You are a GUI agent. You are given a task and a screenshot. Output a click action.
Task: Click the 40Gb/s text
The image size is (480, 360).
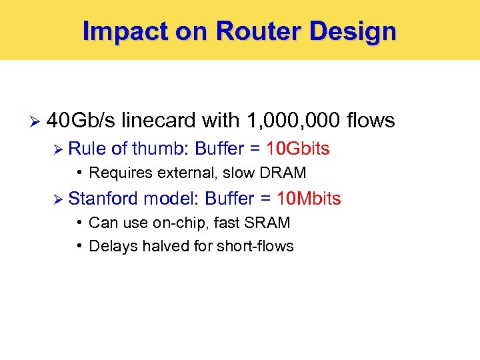pos(80,121)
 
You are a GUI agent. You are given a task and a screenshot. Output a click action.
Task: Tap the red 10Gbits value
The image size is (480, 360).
pos(297,148)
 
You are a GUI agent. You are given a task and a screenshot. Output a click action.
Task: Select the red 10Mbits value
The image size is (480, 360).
pos(309,199)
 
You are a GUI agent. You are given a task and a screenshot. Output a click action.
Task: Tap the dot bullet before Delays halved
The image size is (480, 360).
pos(79,245)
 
